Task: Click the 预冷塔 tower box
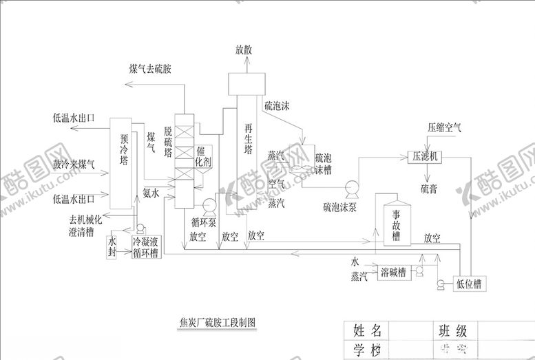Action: [123, 162]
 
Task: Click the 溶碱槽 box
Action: [391, 273]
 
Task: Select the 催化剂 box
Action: [204, 156]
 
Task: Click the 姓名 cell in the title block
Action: [367, 330]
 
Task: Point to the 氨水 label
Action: [151, 193]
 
